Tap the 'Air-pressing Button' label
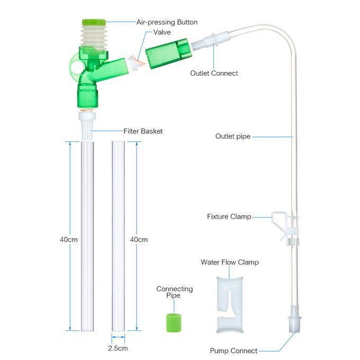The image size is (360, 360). pyautogui.click(x=167, y=22)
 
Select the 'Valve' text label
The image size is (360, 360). pyautogui.click(x=162, y=32)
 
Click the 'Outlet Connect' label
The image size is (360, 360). pyautogui.click(x=214, y=73)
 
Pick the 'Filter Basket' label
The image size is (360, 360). pyautogui.click(x=143, y=131)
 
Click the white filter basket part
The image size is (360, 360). pyautogui.click(x=87, y=125)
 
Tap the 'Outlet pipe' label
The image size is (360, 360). pyautogui.click(x=232, y=136)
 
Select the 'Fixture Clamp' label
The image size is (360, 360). pyautogui.click(x=229, y=217)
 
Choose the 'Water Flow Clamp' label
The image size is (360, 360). pyautogui.click(x=229, y=262)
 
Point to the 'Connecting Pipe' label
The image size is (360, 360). pyautogui.click(x=174, y=292)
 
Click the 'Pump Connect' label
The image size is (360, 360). pyautogui.click(x=233, y=350)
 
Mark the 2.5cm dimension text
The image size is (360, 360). pyautogui.click(x=118, y=348)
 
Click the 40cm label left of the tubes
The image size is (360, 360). pyautogui.click(x=68, y=239)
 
